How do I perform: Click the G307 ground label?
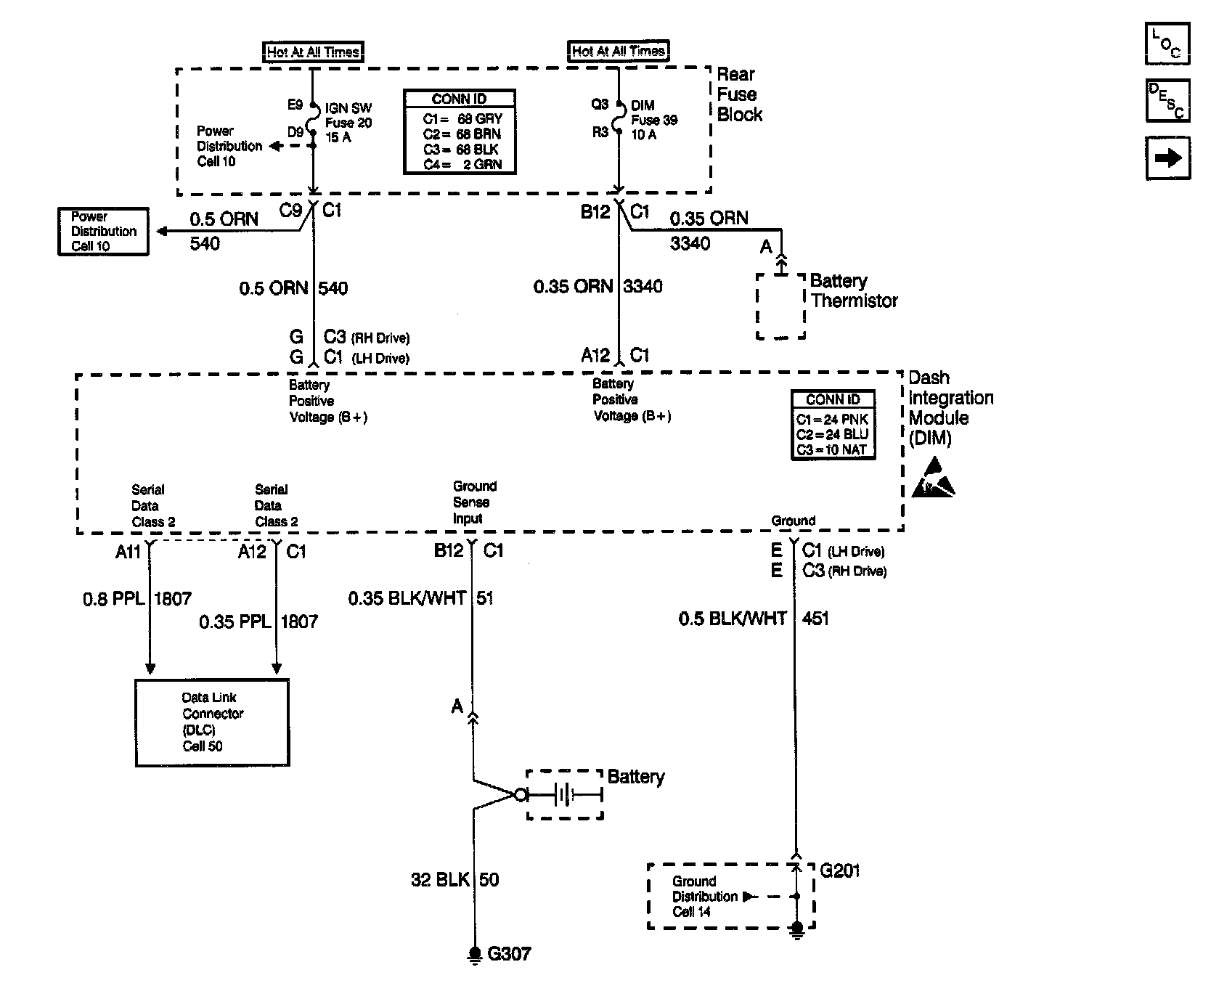[x=509, y=953]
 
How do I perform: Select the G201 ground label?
[x=840, y=870]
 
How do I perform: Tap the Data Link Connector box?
[x=212, y=722]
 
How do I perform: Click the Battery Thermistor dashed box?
[x=780, y=306]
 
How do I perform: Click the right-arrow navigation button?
[x=1167, y=158]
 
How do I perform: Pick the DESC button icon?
[x=1167, y=100]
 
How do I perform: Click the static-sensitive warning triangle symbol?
[x=933, y=477]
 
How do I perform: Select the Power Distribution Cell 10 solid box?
[x=103, y=232]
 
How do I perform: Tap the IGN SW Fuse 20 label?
[x=348, y=123]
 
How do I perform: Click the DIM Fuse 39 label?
[x=654, y=120]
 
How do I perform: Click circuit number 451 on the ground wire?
[x=815, y=619]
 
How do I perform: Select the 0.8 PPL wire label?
[x=114, y=599]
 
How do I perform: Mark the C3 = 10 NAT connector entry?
[x=832, y=450]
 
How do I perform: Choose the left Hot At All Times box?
[x=313, y=52]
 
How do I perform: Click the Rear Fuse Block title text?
[x=740, y=94]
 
